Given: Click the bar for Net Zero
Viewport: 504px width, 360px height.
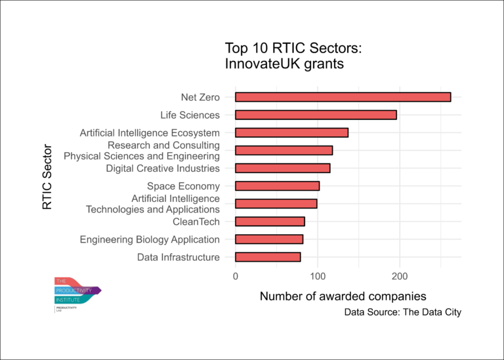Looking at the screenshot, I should (343, 97).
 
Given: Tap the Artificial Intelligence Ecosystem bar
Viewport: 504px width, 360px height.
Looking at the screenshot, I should (291, 132).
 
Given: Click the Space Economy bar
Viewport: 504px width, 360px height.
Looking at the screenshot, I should (277, 186).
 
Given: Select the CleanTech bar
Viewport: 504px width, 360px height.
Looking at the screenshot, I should (270, 221).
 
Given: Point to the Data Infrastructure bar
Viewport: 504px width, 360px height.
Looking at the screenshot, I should (268, 257).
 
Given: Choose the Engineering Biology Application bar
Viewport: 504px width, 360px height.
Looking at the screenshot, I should (269, 239).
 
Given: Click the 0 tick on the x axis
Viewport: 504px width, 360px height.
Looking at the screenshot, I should (236, 275).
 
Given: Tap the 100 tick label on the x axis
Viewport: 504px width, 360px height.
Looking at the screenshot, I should (318, 275).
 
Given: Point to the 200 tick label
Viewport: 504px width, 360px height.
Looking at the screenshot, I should (400, 275).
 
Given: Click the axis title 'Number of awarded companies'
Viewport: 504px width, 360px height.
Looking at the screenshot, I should (343, 296).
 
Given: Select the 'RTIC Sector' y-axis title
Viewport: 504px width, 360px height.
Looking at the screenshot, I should (47, 177).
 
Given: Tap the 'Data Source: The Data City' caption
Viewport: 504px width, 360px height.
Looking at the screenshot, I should (402, 312).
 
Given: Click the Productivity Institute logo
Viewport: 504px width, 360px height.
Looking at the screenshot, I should (77, 293).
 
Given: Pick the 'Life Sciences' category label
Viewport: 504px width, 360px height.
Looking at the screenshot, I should (190, 115).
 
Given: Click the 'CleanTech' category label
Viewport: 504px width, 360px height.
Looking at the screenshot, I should (196, 222).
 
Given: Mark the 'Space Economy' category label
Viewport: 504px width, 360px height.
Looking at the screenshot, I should (183, 186).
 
